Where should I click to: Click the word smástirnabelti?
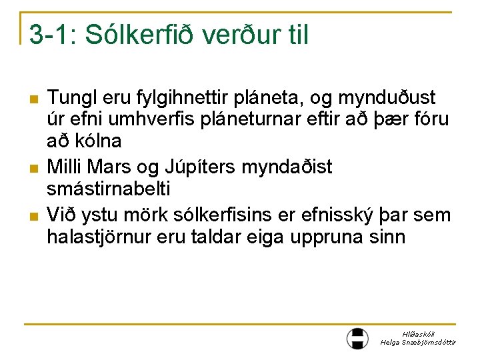tap(109, 189)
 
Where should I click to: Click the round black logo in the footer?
tap(357, 338)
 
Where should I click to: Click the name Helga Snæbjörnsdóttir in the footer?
tap(417, 342)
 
